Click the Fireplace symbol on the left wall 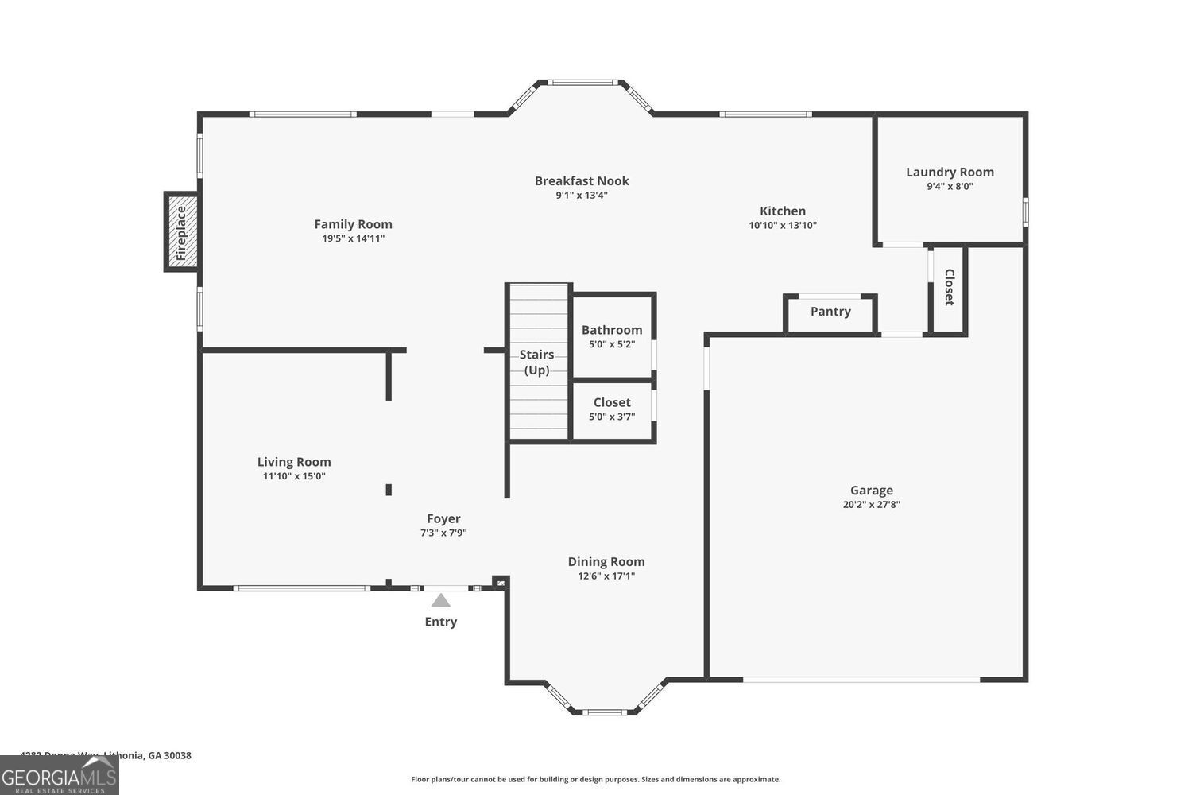[x=181, y=232]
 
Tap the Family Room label [x=353, y=224]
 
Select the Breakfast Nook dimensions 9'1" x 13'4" [x=582, y=195]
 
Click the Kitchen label [x=782, y=211]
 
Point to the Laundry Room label [x=950, y=172]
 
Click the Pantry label [x=830, y=312]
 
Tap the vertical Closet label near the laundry [x=949, y=287]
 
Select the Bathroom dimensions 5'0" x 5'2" [x=611, y=344]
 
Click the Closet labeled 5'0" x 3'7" [x=611, y=402]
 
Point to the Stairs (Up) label [x=536, y=362]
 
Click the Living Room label [x=294, y=462]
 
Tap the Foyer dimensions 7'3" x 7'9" [x=443, y=533]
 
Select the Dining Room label [x=606, y=562]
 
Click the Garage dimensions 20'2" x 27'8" [x=871, y=504]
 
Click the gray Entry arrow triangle [x=440, y=600]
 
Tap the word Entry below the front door [x=440, y=622]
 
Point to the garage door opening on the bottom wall [x=861, y=680]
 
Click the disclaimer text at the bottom [x=595, y=779]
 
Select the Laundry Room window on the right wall [x=1025, y=211]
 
